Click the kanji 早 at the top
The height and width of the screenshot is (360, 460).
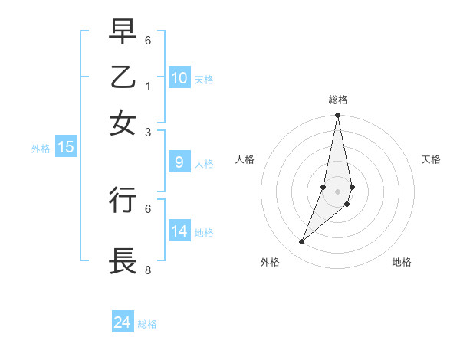coord(123,32)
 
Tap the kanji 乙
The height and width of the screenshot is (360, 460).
coord(123,77)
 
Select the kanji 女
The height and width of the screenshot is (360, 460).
coord(123,123)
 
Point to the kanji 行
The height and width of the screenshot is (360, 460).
coord(123,200)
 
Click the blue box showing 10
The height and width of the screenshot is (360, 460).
coord(179,78)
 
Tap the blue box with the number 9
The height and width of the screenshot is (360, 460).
coord(179,162)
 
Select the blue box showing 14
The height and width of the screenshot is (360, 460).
coord(179,231)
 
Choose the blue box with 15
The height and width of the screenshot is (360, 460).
coord(66,148)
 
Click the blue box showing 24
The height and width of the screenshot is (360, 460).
coord(123,322)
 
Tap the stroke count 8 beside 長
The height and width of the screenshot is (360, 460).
coord(148,270)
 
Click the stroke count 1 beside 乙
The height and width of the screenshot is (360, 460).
coord(148,86)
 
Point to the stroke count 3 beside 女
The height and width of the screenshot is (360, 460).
coord(148,132)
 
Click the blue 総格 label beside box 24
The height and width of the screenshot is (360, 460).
coord(147,324)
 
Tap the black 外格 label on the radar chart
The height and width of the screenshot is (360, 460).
coord(270,263)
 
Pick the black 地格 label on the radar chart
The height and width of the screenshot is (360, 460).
coord(402,263)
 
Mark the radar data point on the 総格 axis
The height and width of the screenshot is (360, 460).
coord(337,116)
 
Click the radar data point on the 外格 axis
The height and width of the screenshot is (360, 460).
coord(302,242)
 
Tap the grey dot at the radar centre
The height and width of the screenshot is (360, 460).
coord(337,191)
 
